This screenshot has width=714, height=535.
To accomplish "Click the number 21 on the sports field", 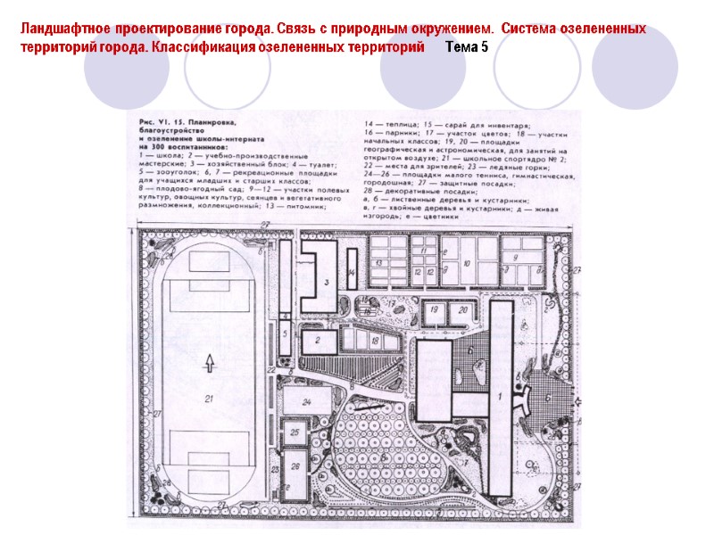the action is tap(209, 399).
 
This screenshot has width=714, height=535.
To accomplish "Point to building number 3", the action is tap(328, 283).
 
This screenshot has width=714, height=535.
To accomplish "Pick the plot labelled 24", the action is tap(305, 402).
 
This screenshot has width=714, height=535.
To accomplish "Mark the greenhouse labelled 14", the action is tap(352, 273).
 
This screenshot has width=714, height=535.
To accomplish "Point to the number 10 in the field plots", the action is tap(466, 265).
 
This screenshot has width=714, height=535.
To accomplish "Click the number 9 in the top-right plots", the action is tap(515, 257).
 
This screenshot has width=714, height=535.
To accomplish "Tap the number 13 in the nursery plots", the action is tap(378, 265).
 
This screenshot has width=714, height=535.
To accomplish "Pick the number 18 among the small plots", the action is tap(375, 342).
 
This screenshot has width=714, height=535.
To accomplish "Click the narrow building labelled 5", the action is tap(285, 334).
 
